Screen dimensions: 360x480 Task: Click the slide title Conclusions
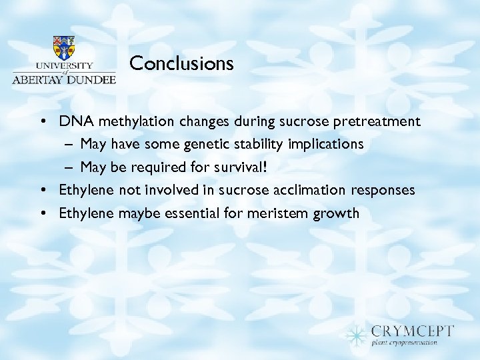[x=181, y=63]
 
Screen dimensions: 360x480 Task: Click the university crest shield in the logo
[x=64, y=48]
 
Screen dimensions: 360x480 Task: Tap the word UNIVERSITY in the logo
[x=64, y=66]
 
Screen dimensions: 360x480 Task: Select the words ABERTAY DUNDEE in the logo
[x=64, y=78]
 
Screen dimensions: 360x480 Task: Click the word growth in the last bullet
[x=337, y=213]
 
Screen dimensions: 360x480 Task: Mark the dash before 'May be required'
[x=69, y=167]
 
